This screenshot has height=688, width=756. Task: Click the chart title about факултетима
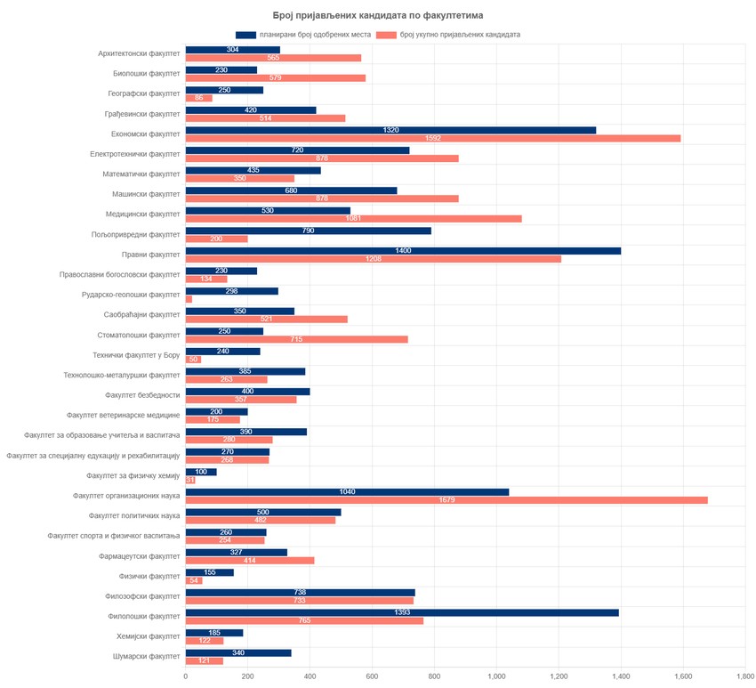tap(378, 15)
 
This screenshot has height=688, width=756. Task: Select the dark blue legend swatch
tap(245, 35)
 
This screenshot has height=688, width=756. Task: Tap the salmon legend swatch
tap(385, 35)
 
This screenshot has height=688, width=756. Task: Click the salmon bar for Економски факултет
tap(432, 138)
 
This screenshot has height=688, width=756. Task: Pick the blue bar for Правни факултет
tap(403, 251)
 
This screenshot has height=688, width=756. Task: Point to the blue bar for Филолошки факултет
tap(402, 612)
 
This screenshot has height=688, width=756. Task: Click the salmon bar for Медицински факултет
tap(353, 218)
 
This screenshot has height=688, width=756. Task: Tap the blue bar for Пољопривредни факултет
tap(308, 231)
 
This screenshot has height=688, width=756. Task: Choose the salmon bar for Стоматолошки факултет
tap(296, 339)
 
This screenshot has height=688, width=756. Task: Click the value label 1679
tap(446, 500)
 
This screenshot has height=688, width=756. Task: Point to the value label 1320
tap(390, 130)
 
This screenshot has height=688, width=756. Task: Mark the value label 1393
tap(402, 612)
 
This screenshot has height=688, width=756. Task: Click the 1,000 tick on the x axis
tap(496, 676)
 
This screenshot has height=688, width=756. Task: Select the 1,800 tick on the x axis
tap(745, 676)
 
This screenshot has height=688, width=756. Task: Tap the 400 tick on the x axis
tap(310, 676)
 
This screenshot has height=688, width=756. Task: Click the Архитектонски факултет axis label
tap(139, 53)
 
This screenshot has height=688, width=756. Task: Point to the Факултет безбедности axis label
tap(141, 395)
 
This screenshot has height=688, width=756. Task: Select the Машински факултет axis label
tap(145, 194)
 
